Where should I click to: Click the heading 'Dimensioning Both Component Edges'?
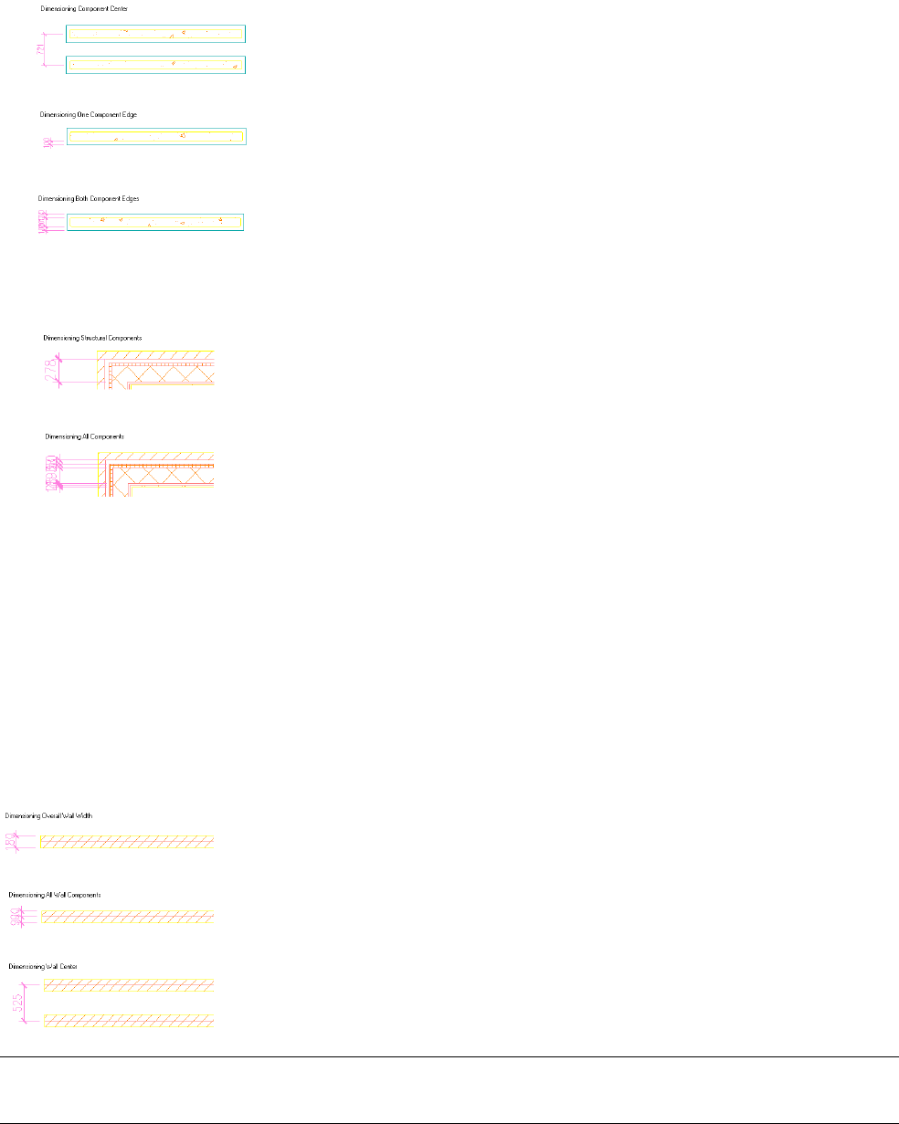click(x=89, y=198)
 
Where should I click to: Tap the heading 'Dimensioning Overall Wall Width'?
click(x=48, y=814)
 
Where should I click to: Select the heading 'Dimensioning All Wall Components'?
click(x=55, y=895)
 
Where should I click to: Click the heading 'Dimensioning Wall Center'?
click(x=43, y=966)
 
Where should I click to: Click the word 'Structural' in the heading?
click(x=105, y=338)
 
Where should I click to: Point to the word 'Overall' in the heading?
click(x=53, y=814)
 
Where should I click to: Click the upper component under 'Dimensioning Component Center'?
click(x=156, y=34)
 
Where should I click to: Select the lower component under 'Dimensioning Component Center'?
click(x=156, y=65)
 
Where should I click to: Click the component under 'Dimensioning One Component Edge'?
click(x=156, y=137)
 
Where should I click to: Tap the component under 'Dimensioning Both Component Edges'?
click(x=155, y=222)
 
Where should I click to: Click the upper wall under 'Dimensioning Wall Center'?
click(x=129, y=984)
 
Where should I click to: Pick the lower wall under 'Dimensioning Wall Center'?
click(x=129, y=1020)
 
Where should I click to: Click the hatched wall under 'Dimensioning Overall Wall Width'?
click(x=127, y=841)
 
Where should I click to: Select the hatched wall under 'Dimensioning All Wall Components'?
click(x=127, y=917)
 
